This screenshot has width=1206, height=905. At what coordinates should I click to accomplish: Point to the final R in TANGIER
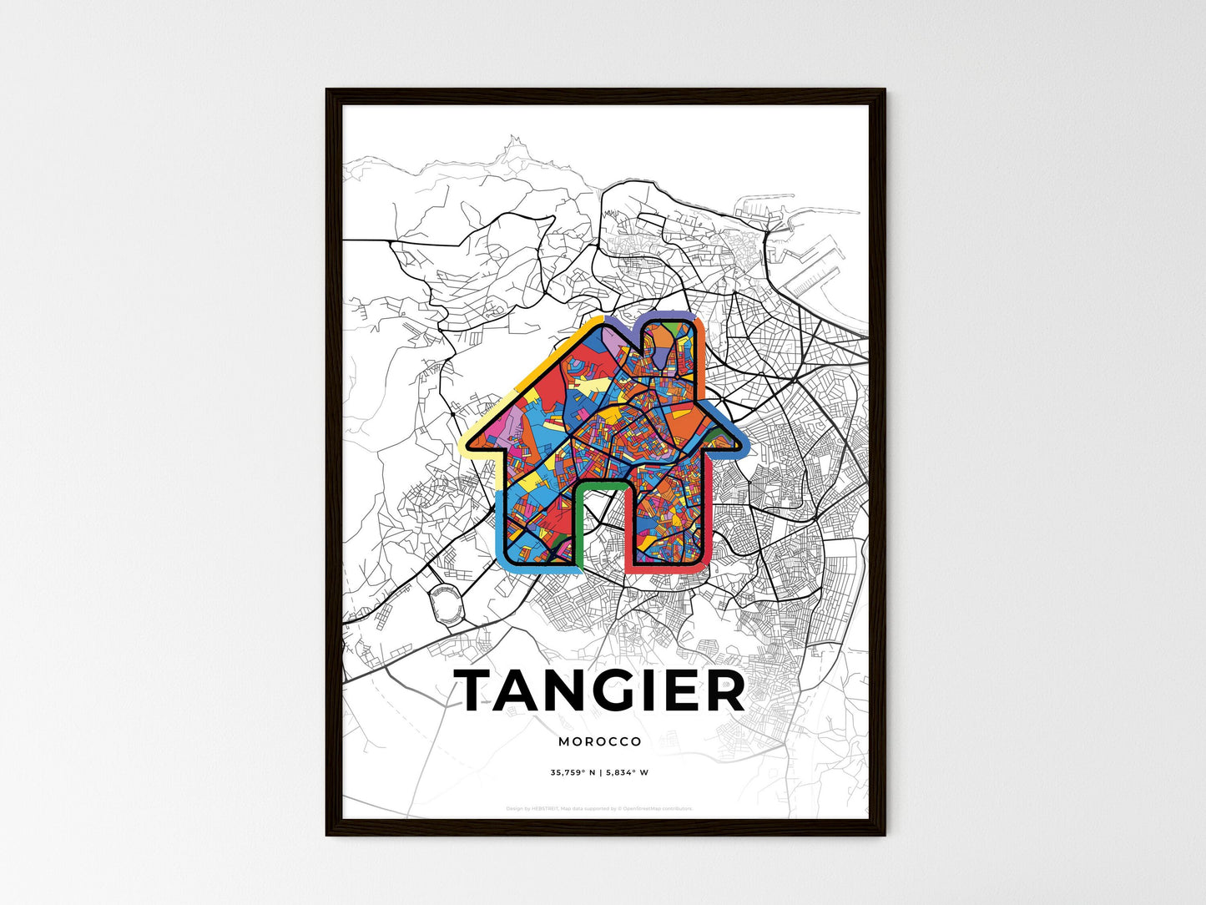(724, 691)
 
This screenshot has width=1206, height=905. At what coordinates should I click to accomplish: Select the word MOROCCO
(600, 741)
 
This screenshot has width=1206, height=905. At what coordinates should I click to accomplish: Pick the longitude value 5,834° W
(626, 772)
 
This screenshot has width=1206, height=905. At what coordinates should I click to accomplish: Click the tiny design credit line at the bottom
(599, 808)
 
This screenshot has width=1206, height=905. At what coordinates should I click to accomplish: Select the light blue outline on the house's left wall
(499, 526)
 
